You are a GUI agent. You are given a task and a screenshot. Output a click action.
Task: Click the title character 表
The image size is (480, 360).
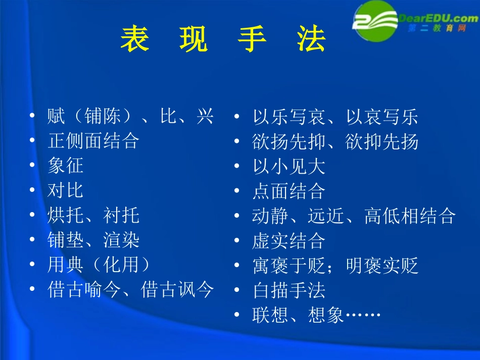(x=135, y=39)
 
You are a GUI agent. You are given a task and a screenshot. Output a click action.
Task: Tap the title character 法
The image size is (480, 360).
(x=311, y=39)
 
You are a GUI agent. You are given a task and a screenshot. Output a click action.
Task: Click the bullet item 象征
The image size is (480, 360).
(x=66, y=166)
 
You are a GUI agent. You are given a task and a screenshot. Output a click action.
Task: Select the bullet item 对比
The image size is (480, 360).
(x=66, y=190)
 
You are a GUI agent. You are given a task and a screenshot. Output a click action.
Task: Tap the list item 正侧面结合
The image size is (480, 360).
(x=93, y=141)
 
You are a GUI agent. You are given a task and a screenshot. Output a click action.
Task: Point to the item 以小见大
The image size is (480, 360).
(x=289, y=167)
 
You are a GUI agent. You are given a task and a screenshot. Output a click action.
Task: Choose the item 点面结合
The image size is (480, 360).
(x=289, y=191)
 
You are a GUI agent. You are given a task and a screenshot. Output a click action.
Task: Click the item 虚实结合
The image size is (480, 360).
(x=289, y=241)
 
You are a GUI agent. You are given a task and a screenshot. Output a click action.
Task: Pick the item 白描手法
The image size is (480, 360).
(x=289, y=290)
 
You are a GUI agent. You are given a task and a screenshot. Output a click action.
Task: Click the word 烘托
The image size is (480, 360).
(x=66, y=216)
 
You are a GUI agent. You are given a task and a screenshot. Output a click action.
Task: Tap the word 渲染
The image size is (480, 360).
(x=121, y=240)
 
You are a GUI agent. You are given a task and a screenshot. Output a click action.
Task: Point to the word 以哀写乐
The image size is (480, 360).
(x=382, y=117)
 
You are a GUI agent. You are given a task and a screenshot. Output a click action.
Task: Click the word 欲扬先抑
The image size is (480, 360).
(x=289, y=142)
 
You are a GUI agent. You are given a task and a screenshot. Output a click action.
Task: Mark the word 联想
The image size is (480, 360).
(x=270, y=315)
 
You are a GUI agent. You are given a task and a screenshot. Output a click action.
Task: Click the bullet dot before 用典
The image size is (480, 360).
(x=32, y=265)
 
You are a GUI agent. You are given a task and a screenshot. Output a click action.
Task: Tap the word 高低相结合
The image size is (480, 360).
(x=410, y=216)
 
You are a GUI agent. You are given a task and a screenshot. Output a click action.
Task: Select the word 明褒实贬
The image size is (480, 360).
(x=382, y=266)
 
